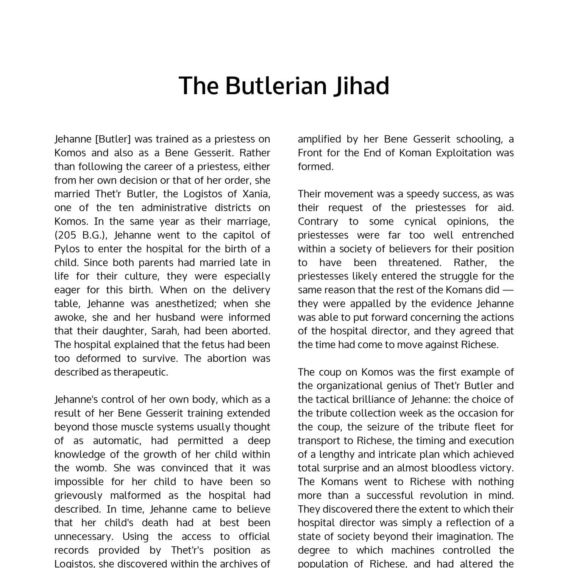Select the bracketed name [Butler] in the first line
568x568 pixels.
click(x=113, y=139)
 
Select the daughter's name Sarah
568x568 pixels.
click(x=164, y=331)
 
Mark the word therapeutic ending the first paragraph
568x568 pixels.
click(x=140, y=372)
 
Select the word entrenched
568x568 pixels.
click(x=488, y=235)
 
